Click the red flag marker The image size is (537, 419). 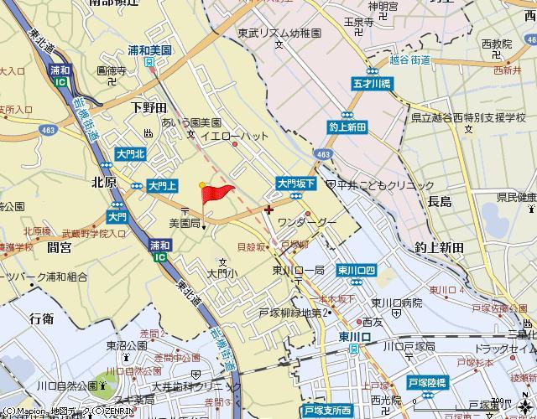tap(216, 194)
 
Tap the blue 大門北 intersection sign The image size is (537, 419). tap(130, 154)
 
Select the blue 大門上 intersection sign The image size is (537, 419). tap(161, 185)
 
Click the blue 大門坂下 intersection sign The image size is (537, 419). tap(295, 182)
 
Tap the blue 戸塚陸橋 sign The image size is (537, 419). tap(427, 381)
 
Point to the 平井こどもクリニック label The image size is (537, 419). tap(386, 185)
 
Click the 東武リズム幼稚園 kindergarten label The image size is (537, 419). tap(274, 34)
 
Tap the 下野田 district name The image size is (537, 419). tap(149, 108)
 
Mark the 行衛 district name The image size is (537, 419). tap(41, 318)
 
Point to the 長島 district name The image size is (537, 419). tap(439, 202)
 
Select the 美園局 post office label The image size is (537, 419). tap(184, 224)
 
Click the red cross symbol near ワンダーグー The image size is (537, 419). tap(268, 209)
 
